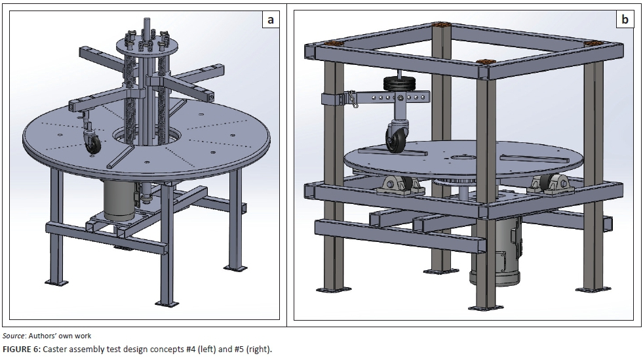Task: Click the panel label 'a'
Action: click(x=269, y=20)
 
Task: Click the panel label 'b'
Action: click(x=625, y=20)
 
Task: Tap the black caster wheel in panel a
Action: click(x=92, y=142)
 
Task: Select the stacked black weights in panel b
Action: click(x=395, y=86)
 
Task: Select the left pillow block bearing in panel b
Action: click(x=395, y=186)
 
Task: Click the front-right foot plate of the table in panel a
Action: click(x=233, y=268)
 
